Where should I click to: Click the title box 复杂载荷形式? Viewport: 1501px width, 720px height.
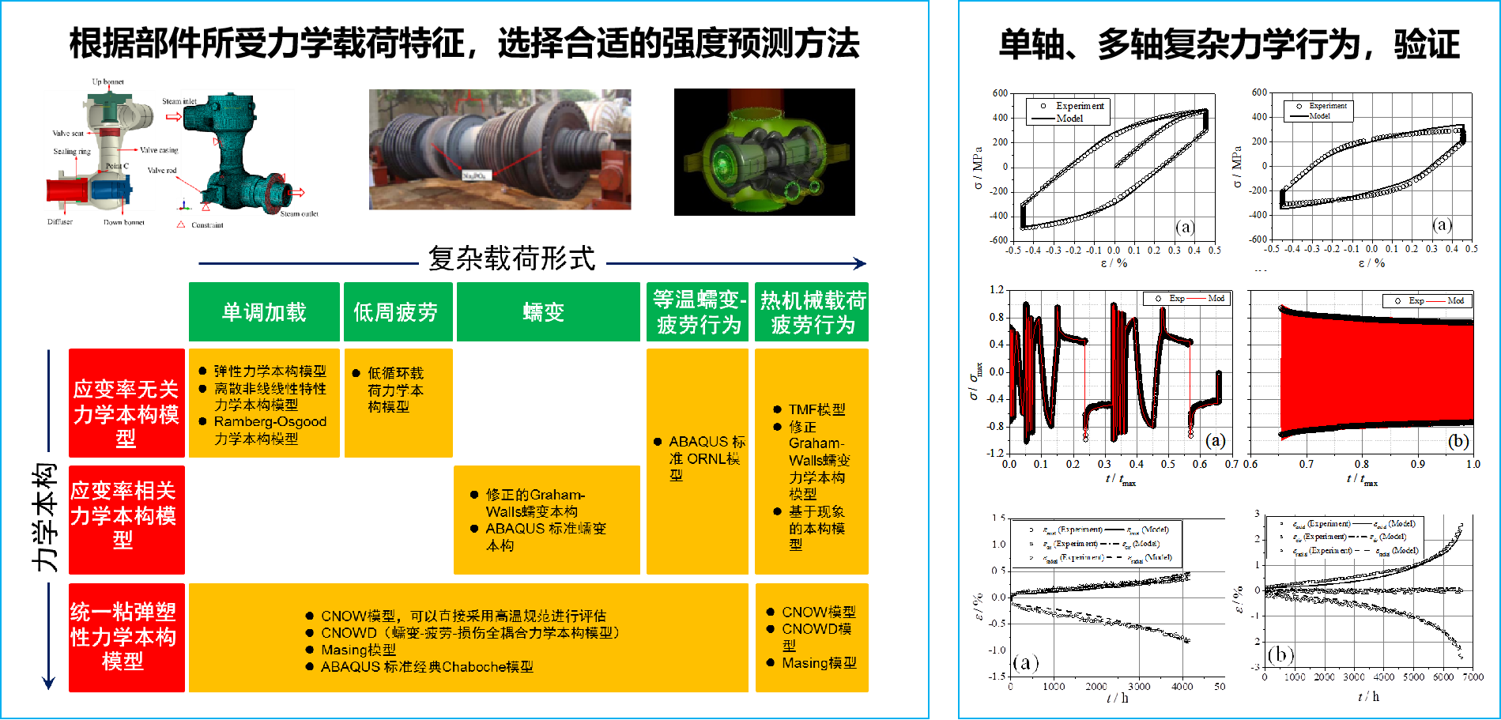coord(511,258)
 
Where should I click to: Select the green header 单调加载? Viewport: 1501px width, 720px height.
coord(264,312)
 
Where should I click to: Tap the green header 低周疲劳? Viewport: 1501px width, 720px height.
coord(396,312)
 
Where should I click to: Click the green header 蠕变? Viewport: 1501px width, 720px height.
coord(544,312)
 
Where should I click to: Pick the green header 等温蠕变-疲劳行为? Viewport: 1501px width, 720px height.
coord(698,312)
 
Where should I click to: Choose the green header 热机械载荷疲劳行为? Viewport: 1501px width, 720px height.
coord(813,312)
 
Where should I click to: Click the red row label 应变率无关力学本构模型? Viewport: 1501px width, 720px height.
coord(126,413)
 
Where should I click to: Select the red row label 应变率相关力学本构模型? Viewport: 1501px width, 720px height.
coord(124,515)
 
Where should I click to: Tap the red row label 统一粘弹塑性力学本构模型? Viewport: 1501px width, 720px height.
coord(123,636)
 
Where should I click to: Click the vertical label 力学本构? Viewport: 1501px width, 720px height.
coord(44,517)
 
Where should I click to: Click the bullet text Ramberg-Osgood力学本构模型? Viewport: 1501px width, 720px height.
coord(270,430)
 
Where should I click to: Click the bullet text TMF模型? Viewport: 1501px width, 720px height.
coord(816,409)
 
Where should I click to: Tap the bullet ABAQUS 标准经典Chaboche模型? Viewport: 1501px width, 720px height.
coord(427,667)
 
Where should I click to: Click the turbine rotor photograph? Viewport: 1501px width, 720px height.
coord(500,149)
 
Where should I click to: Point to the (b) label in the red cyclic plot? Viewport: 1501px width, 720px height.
coord(1458,441)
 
